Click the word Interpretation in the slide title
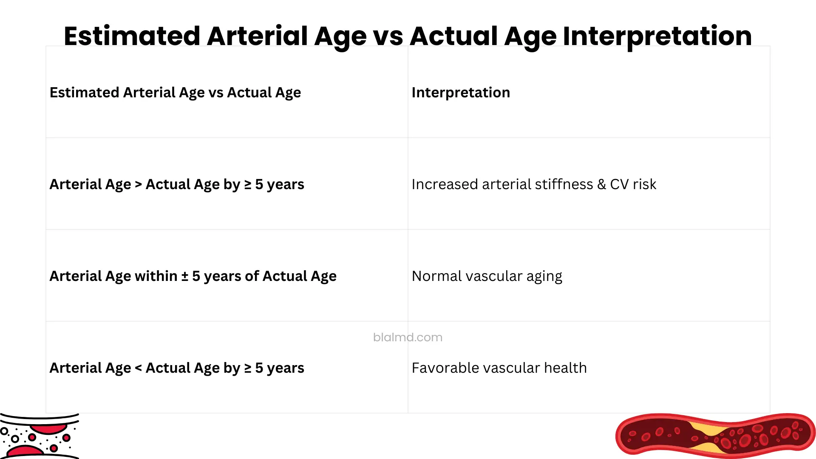tap(657, 37)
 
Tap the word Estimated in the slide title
tap(132, 37)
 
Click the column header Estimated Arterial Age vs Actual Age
tap(175, 93)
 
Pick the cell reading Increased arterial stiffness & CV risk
tap(534, 184)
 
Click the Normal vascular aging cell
tap(487, 276)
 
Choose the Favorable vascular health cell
tap(499, 368)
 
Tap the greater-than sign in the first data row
tap(138, 184)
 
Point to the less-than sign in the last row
tap(138, 368)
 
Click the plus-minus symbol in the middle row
tap(185, 276)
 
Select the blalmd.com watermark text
tap(408, 337)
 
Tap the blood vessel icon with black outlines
tap(39, 436)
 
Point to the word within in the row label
tap(156, 276)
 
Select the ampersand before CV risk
tap(601, 184)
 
